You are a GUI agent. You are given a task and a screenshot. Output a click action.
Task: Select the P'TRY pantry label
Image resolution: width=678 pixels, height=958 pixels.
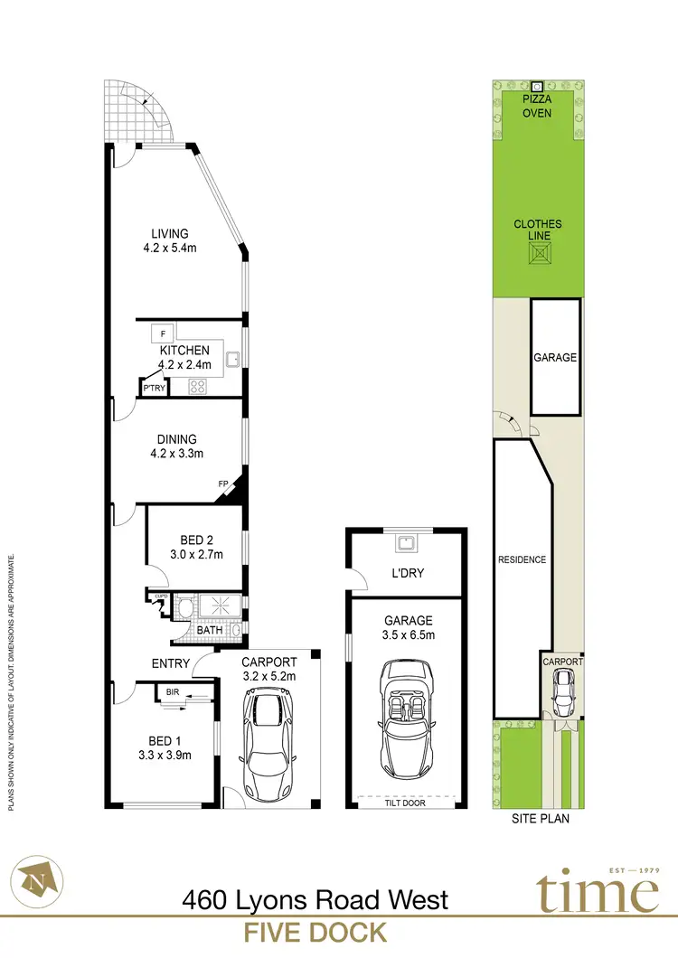click(152, 389)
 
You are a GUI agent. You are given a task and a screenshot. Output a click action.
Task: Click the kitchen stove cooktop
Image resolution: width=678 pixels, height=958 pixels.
click(199, 386)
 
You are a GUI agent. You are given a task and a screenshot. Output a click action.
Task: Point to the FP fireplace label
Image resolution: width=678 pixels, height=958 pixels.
click(222, 484)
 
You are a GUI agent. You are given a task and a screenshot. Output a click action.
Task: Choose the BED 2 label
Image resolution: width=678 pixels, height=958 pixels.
click(191, 540)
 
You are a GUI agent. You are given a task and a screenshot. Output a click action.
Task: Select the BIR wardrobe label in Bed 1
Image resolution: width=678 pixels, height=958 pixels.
click(171, 693)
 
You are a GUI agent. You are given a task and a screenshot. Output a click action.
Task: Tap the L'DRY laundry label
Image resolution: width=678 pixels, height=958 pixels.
click(409, 573)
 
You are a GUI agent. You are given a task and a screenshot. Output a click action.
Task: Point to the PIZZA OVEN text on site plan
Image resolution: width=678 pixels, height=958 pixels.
click(538, 107)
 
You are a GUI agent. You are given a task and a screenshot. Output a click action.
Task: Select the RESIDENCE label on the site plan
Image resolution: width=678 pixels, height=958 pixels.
click(522, 559)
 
